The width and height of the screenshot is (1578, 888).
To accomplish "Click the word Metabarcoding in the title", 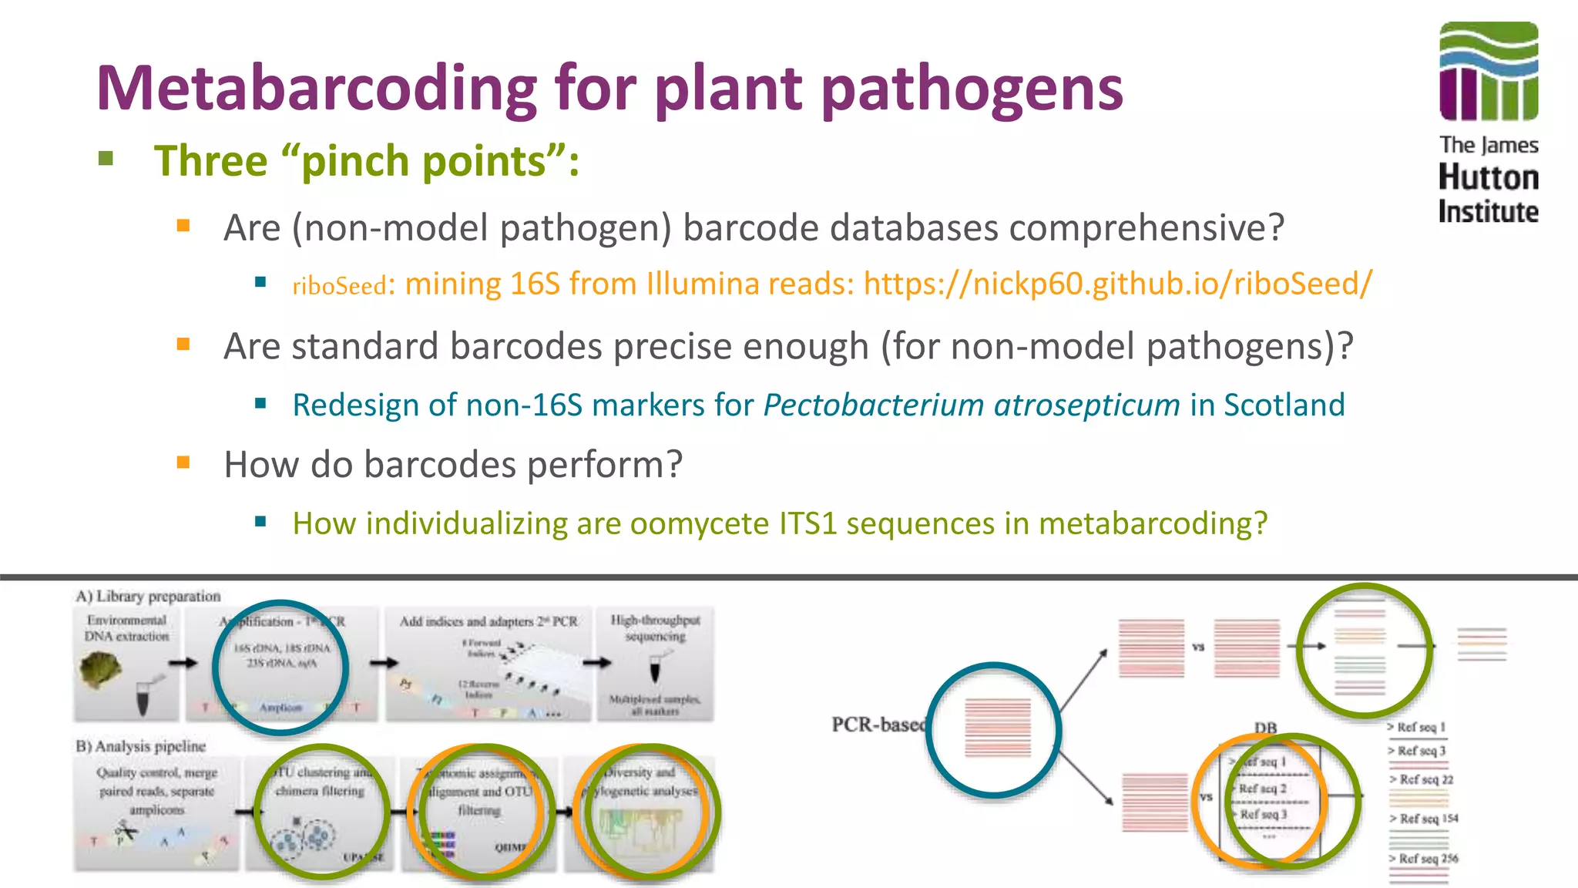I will [x=316, y=88].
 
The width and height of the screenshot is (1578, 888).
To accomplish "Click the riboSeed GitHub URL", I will [x=1117, y=284].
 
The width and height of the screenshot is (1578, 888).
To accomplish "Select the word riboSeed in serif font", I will [x=339, y=286].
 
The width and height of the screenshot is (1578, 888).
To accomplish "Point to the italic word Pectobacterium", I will [x=874, y=405].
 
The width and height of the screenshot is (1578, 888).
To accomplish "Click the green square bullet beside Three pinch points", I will [x=106, y=160].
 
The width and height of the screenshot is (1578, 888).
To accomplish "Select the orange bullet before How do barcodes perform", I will [x=183, y=462].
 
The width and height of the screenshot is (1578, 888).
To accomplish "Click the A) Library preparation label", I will [x=148, y=596].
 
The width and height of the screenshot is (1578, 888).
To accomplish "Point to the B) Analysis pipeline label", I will [x=140, y=746].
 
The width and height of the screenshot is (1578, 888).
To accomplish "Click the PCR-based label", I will [x=877, y=725].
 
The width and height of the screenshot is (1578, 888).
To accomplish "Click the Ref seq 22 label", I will [x=1425, y=779].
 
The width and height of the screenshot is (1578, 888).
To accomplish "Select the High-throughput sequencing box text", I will [x=655, y=628].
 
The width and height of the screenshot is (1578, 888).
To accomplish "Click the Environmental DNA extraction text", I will [x=126, y=628].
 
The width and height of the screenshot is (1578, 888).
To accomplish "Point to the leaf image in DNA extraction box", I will [x=101, y=669].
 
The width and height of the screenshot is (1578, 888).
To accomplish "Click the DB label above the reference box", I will [x=1265, y=728].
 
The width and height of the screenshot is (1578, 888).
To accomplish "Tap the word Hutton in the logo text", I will [x=1489, y=178].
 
